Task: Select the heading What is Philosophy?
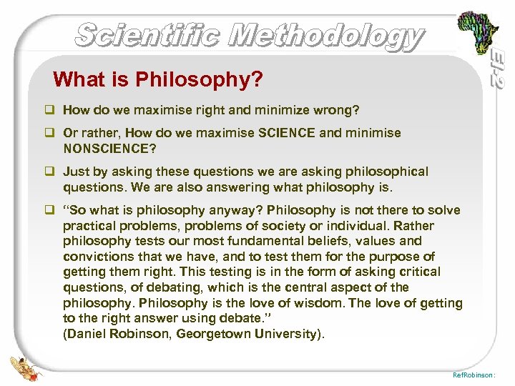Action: (x=157, y=79)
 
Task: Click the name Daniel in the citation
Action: (x=89, y=334)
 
